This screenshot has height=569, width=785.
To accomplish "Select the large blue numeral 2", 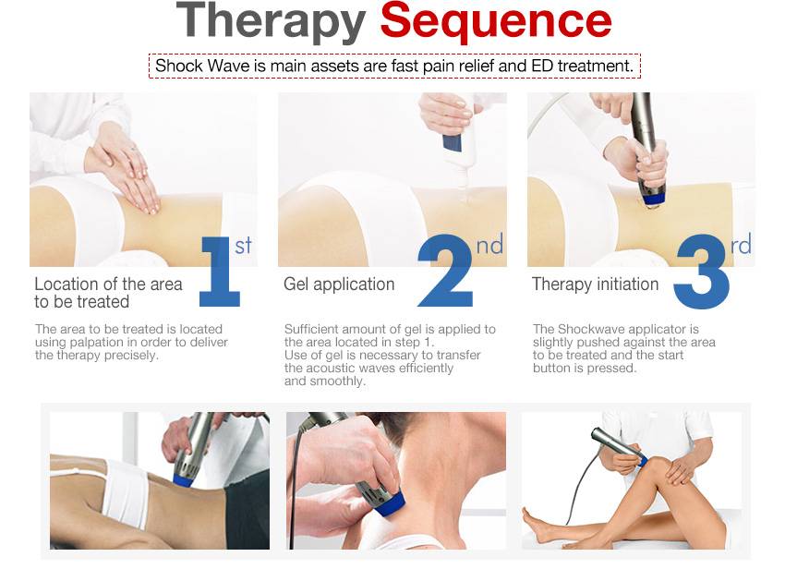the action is pyautogui.click(x=445, y=271).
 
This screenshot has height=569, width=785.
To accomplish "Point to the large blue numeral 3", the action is pyautogui.click(x=701, y=271).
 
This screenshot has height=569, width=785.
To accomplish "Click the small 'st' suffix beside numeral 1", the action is pyautogui.click(x=243, y=246).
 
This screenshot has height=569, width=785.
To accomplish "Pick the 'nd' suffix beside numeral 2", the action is pyautogui.click(x=489, y=245).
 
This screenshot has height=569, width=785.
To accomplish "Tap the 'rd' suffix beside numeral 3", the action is pyautogui.click(x=741, y=245).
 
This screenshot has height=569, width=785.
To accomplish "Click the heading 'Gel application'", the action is pyautogui.click(x=339, y=284).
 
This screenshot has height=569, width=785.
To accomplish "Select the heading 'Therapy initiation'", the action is pyautogui.click(x=595, y=284).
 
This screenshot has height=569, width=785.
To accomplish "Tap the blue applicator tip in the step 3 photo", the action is pyautogui.click(x=653, y=200).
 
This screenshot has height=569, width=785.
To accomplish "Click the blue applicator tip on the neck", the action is pyautogui.click(x=390, y=504).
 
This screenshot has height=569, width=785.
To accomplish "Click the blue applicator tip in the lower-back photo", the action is pyautogui.click(x=184, y=479).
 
